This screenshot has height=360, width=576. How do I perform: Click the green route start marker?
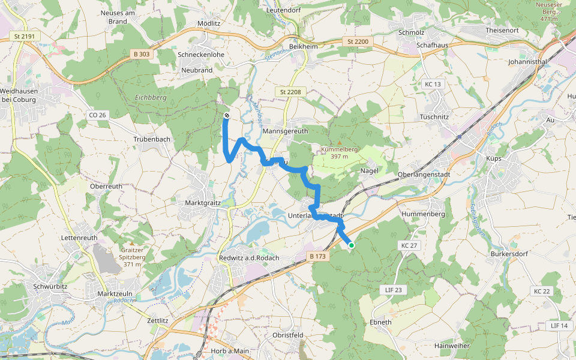[351, 245]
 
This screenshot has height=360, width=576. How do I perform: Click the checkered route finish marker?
[226, 115]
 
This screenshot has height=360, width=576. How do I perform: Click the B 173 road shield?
[318, 256]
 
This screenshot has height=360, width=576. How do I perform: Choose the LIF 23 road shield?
[394, 290]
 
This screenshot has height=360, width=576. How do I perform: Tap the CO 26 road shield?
[97, 115]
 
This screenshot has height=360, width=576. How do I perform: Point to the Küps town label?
[494, 159]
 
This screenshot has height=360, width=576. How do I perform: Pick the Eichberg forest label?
[150, 97]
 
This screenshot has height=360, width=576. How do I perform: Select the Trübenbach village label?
[151, 139]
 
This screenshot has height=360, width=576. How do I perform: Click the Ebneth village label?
[380, 322]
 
